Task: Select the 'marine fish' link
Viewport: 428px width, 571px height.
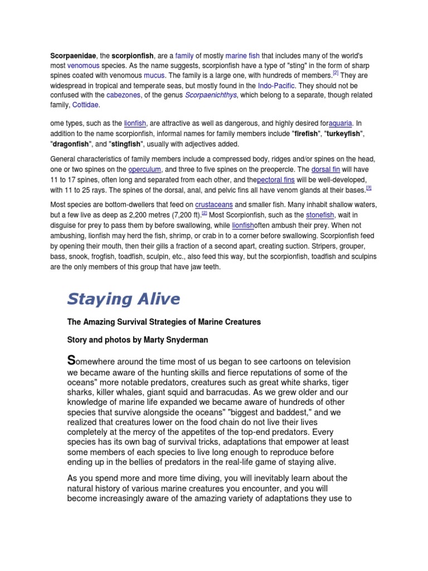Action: tap(243, 56)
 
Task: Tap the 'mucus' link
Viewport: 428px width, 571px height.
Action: tap(154, 74)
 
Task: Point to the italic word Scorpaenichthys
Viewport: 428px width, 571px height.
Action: tap(207, 95)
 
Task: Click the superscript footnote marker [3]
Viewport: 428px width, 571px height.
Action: tap(368, 187)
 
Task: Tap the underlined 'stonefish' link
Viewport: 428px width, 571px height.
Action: tap(320, 215)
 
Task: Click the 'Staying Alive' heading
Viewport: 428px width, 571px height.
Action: tap(124, 299)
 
